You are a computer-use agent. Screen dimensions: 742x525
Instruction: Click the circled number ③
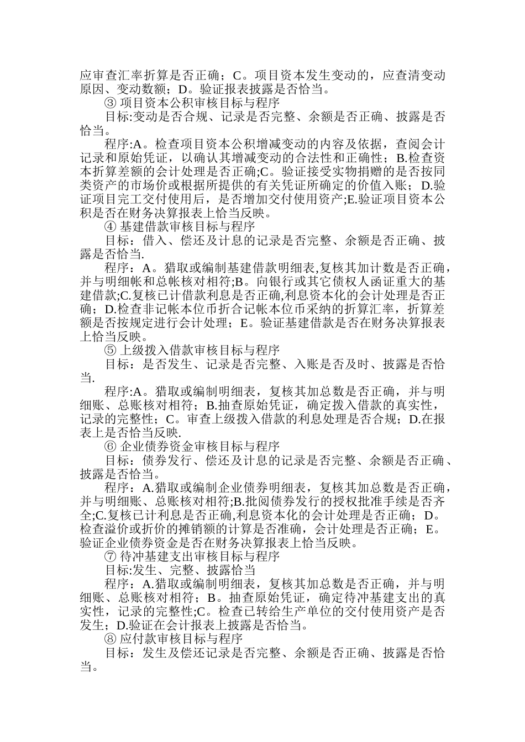[110, 103]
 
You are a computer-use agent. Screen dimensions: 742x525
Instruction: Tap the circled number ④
[110, 227]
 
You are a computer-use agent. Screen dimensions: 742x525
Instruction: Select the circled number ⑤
[110, 351]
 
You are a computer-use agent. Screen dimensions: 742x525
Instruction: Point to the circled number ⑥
[110, 447]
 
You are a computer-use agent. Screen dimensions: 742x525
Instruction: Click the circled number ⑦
[110, 556]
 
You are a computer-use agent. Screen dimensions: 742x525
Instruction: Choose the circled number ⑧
[110, 639]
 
